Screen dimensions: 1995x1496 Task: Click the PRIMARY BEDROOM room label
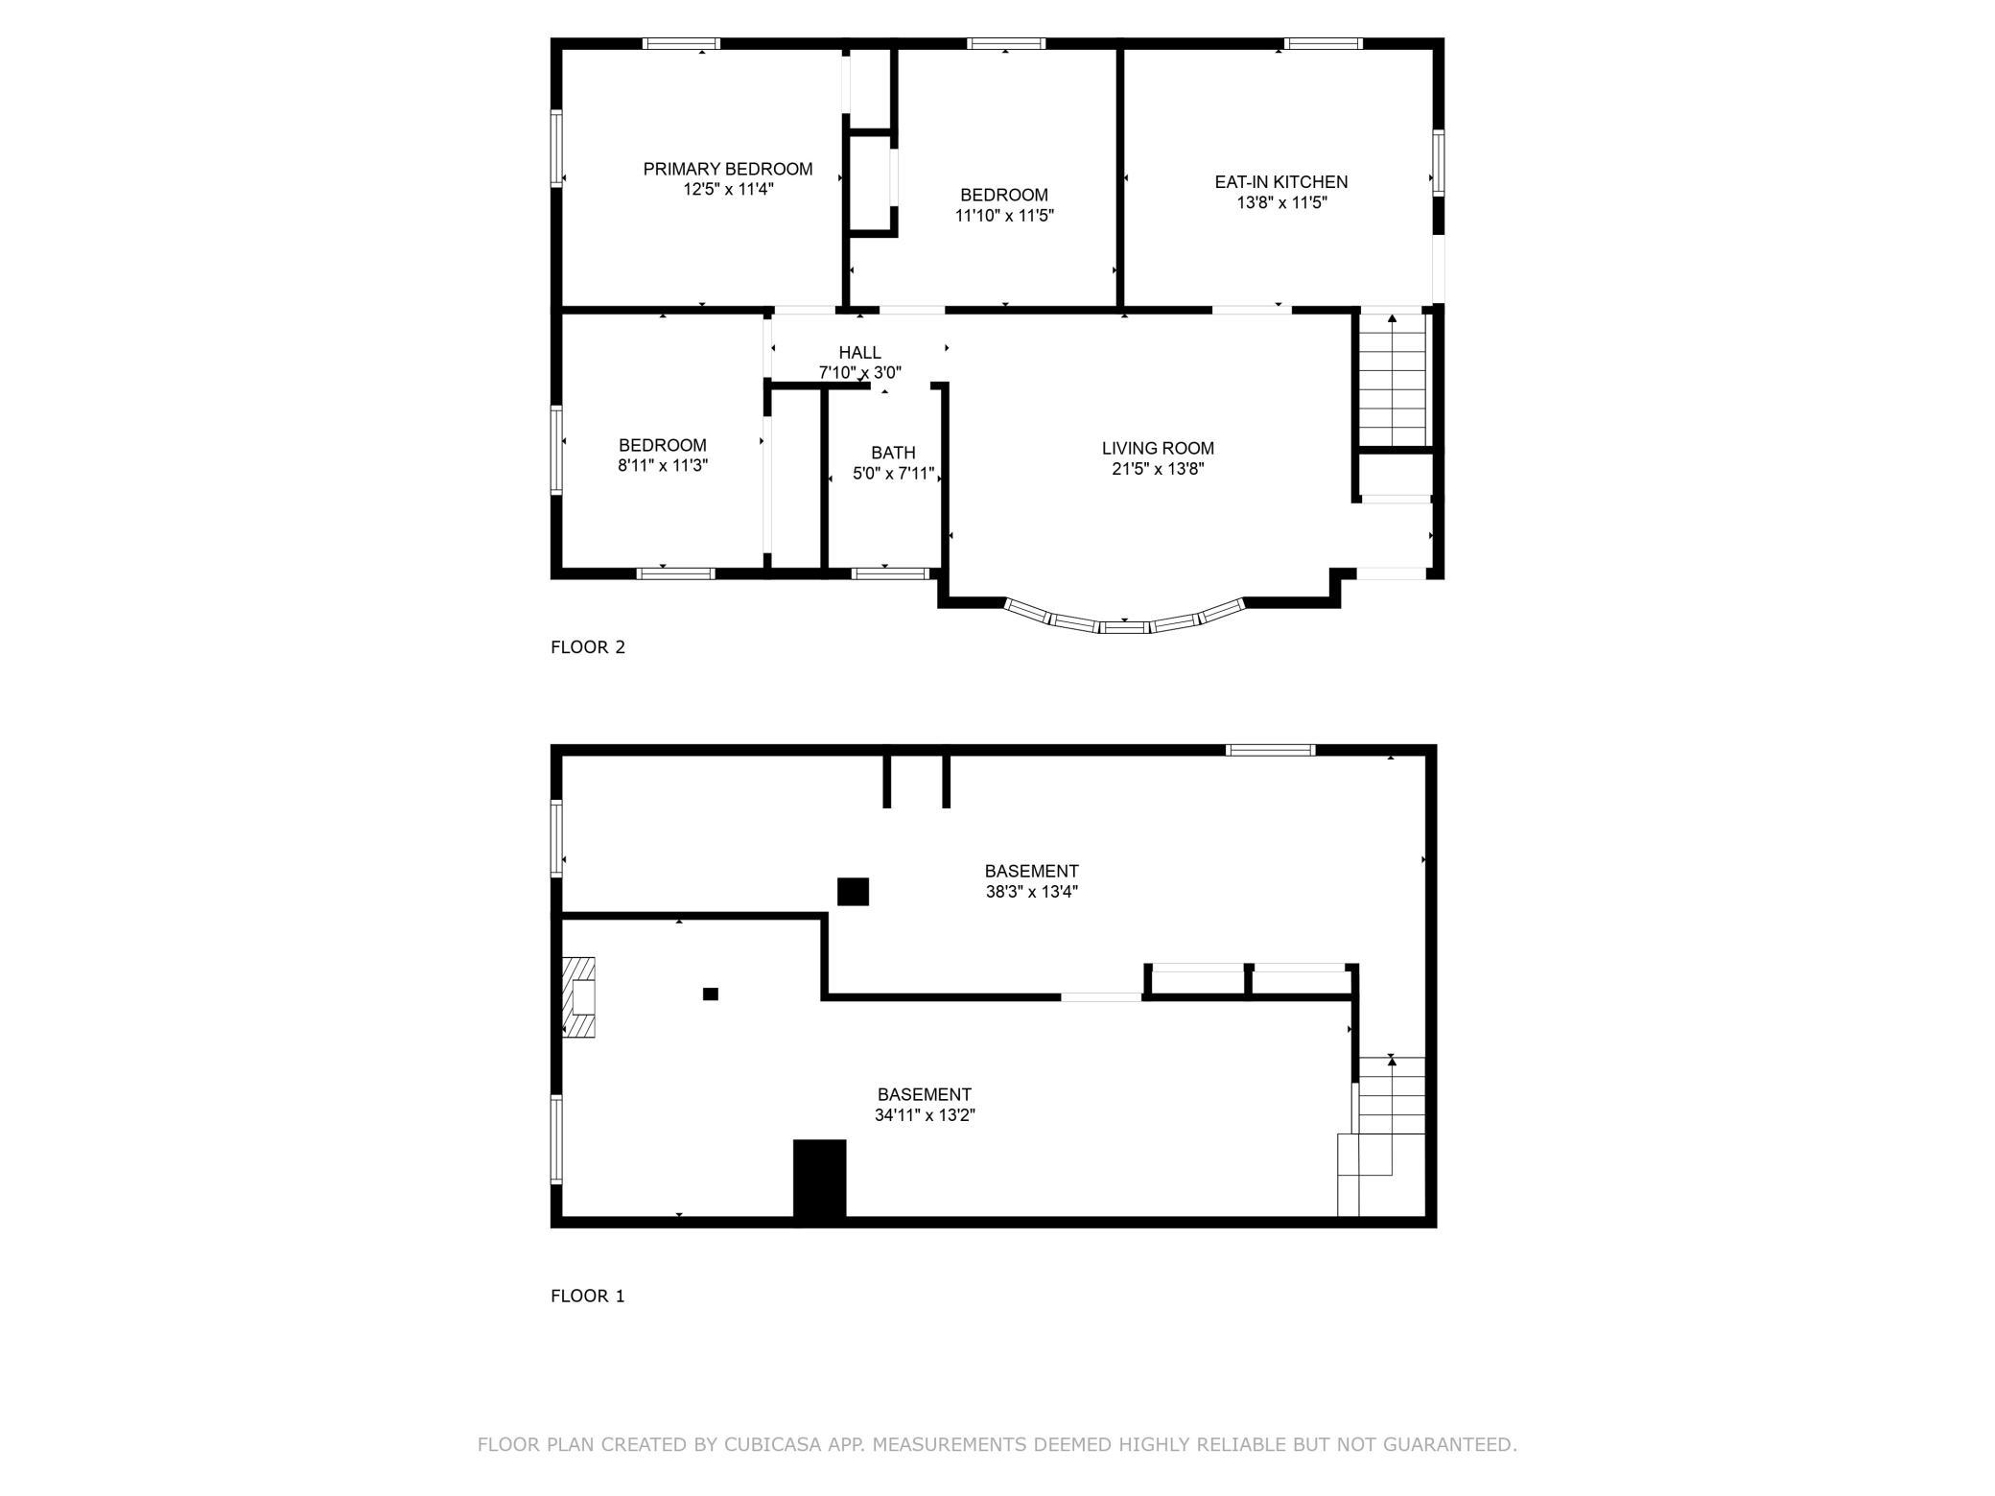[727, 169]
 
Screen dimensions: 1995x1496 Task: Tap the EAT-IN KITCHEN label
[1281, 181]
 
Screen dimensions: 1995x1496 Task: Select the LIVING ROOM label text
[1158, 448]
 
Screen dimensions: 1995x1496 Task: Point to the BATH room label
[893, 453]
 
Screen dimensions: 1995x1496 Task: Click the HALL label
[859, 353]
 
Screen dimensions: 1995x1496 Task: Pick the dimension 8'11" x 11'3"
[663, 466]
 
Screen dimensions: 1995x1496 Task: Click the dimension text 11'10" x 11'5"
[1004, 216]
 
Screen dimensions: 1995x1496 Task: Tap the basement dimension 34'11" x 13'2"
[925, 1115]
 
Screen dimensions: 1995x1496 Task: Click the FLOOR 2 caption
[588, 647]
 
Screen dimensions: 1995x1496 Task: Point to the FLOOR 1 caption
[587, 1297]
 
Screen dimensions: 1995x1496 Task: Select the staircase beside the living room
[1392, 380]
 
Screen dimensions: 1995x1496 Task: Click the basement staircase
[1382, 1135]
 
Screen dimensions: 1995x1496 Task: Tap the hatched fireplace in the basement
[578, 997]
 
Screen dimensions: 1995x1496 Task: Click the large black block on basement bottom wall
[819, 1180]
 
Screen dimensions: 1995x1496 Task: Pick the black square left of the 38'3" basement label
[853, 892]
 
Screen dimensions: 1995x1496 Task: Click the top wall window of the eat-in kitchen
[1323, 43]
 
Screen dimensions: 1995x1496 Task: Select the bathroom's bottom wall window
[890, 573]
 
